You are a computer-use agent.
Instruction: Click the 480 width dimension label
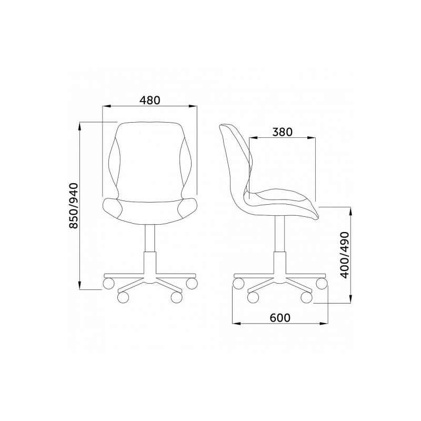(149, 100)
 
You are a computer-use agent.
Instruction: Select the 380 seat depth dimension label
(282, 132)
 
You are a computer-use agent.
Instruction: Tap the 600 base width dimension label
(280, 318)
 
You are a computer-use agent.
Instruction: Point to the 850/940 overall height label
(73, 206)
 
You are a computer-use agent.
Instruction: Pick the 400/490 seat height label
(344, 255)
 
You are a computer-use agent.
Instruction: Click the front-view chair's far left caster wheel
(108, 284)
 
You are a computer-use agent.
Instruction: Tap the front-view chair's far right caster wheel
(192, 284)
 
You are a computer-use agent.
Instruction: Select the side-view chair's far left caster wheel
(238, 284)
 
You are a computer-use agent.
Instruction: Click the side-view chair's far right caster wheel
(322, 284)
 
